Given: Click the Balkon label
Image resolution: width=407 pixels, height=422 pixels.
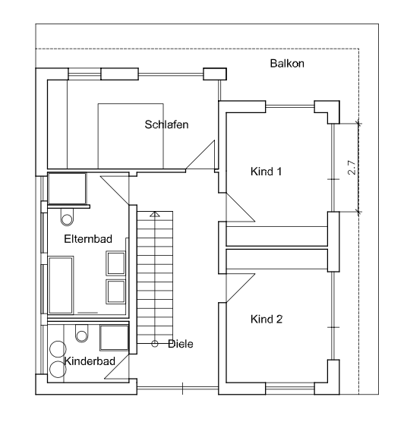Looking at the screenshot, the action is tap(287, 64).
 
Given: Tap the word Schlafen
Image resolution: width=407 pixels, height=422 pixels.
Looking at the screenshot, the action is tap(166, 124).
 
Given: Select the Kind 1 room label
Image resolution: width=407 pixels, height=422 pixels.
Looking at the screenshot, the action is tap(266, 172).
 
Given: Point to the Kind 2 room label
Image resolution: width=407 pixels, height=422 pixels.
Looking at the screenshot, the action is tap(267, 320).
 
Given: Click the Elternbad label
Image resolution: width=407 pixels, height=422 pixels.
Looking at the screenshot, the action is tap(88, 239).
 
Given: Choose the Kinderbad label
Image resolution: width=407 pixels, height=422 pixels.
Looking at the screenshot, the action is tap(90, 361).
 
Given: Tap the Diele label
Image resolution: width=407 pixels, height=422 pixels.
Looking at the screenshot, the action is tap(181, 344).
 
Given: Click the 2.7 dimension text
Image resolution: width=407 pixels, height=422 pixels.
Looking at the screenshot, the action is tap(352, 168).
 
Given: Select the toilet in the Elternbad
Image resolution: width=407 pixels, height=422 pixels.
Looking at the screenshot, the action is tap(67, 217).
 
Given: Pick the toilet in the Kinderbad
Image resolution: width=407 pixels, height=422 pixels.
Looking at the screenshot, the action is tap(81, 333).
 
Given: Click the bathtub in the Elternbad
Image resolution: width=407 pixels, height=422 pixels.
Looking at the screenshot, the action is tap(61, 285).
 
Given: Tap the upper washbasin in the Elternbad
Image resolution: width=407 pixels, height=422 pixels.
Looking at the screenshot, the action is tap(115, 263).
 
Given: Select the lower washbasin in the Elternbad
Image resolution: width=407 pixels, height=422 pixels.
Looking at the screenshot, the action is tap(115, 291).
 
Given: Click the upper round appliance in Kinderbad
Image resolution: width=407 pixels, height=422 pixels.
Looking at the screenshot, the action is tap(58, 349).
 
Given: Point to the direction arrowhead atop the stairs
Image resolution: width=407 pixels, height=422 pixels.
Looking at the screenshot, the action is tap(155, 214).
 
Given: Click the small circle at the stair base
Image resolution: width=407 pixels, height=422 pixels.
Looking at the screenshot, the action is tap(155, 344).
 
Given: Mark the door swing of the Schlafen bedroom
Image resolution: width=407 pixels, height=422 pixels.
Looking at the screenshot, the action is tap(200, 155).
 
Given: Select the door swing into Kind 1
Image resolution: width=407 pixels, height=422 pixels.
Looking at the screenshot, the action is tap(241, 207).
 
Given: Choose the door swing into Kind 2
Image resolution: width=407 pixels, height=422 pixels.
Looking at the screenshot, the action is tap(241, 288).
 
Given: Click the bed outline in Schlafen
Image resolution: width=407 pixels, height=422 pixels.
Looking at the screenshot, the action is tap(131, 136).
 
